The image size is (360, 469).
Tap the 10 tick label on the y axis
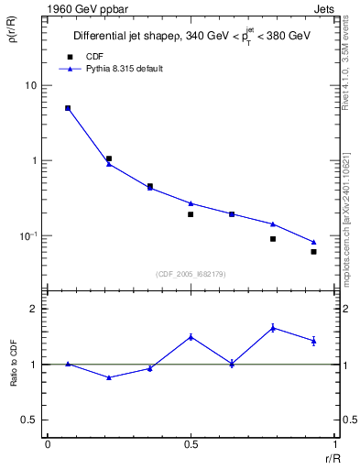(x=31, y=85)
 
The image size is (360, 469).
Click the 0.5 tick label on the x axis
(x=191, y=444)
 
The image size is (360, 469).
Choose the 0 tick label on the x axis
(x=47, y=444)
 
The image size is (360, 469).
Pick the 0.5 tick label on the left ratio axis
(x=29, y=420)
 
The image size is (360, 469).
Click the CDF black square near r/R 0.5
(x=191, y=214)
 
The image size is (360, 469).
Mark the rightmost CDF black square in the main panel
(x=313, y=252)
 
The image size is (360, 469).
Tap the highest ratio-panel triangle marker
(x=273, y=328)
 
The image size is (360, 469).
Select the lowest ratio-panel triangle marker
(x=109, y=377)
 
